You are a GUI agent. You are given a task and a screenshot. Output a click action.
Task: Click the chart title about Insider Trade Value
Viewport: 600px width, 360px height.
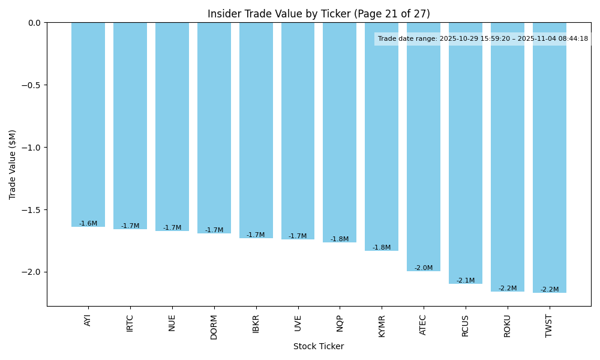[319, 14]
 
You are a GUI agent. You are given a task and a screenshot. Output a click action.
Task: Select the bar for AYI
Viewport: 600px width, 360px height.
[88, 124]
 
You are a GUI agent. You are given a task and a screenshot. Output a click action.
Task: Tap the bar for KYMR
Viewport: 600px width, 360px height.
[382, 136]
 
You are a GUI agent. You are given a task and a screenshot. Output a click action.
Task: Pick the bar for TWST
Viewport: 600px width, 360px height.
[549, 157]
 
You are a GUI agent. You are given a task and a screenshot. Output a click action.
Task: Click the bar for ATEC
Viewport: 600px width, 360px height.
[424, 146]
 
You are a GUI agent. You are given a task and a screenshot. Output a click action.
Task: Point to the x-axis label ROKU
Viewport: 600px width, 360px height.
[508, 325]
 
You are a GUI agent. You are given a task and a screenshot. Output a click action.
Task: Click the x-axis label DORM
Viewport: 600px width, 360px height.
[214, 326]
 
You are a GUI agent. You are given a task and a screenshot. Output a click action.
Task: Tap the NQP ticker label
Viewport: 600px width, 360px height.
[340, 324]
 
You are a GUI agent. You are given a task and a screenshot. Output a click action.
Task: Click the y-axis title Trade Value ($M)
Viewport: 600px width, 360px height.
[13, 164]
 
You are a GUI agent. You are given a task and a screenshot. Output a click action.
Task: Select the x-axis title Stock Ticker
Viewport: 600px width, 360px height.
[319, 347]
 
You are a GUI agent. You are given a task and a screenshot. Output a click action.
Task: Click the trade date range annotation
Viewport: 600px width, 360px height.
[483, 39]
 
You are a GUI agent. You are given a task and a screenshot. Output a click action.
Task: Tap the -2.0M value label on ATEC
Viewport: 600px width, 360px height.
[424, 268]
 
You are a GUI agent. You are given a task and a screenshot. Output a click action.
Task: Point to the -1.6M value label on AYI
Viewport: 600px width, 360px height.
[88, 224]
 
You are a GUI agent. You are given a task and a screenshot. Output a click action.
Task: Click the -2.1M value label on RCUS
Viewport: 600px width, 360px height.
[466, 281]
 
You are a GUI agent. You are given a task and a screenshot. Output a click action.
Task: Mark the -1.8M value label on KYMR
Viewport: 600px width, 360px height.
[382, 248]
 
